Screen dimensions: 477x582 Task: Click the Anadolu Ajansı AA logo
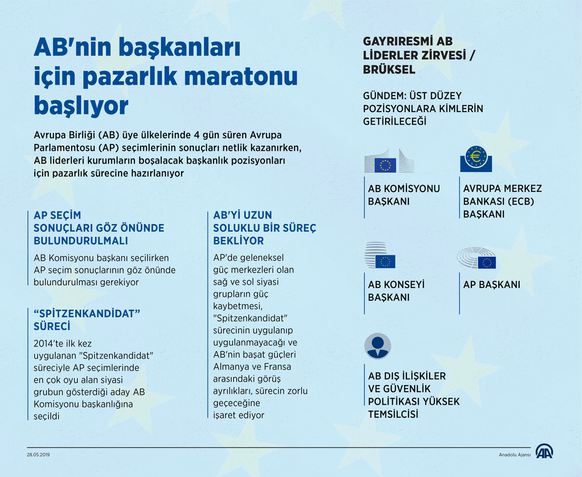pos(544,452)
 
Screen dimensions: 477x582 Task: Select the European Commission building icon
pos(389,161)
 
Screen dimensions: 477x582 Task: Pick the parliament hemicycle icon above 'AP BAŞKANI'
pos(476,258)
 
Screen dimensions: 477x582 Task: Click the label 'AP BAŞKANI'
pos(492,285)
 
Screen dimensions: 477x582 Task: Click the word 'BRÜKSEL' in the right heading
pos(389,70)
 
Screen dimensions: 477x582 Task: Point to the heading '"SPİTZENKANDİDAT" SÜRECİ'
pos(88,320)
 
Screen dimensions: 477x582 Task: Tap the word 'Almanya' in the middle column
pos(231,367)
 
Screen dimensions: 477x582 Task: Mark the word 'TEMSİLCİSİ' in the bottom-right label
pos(393,414)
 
